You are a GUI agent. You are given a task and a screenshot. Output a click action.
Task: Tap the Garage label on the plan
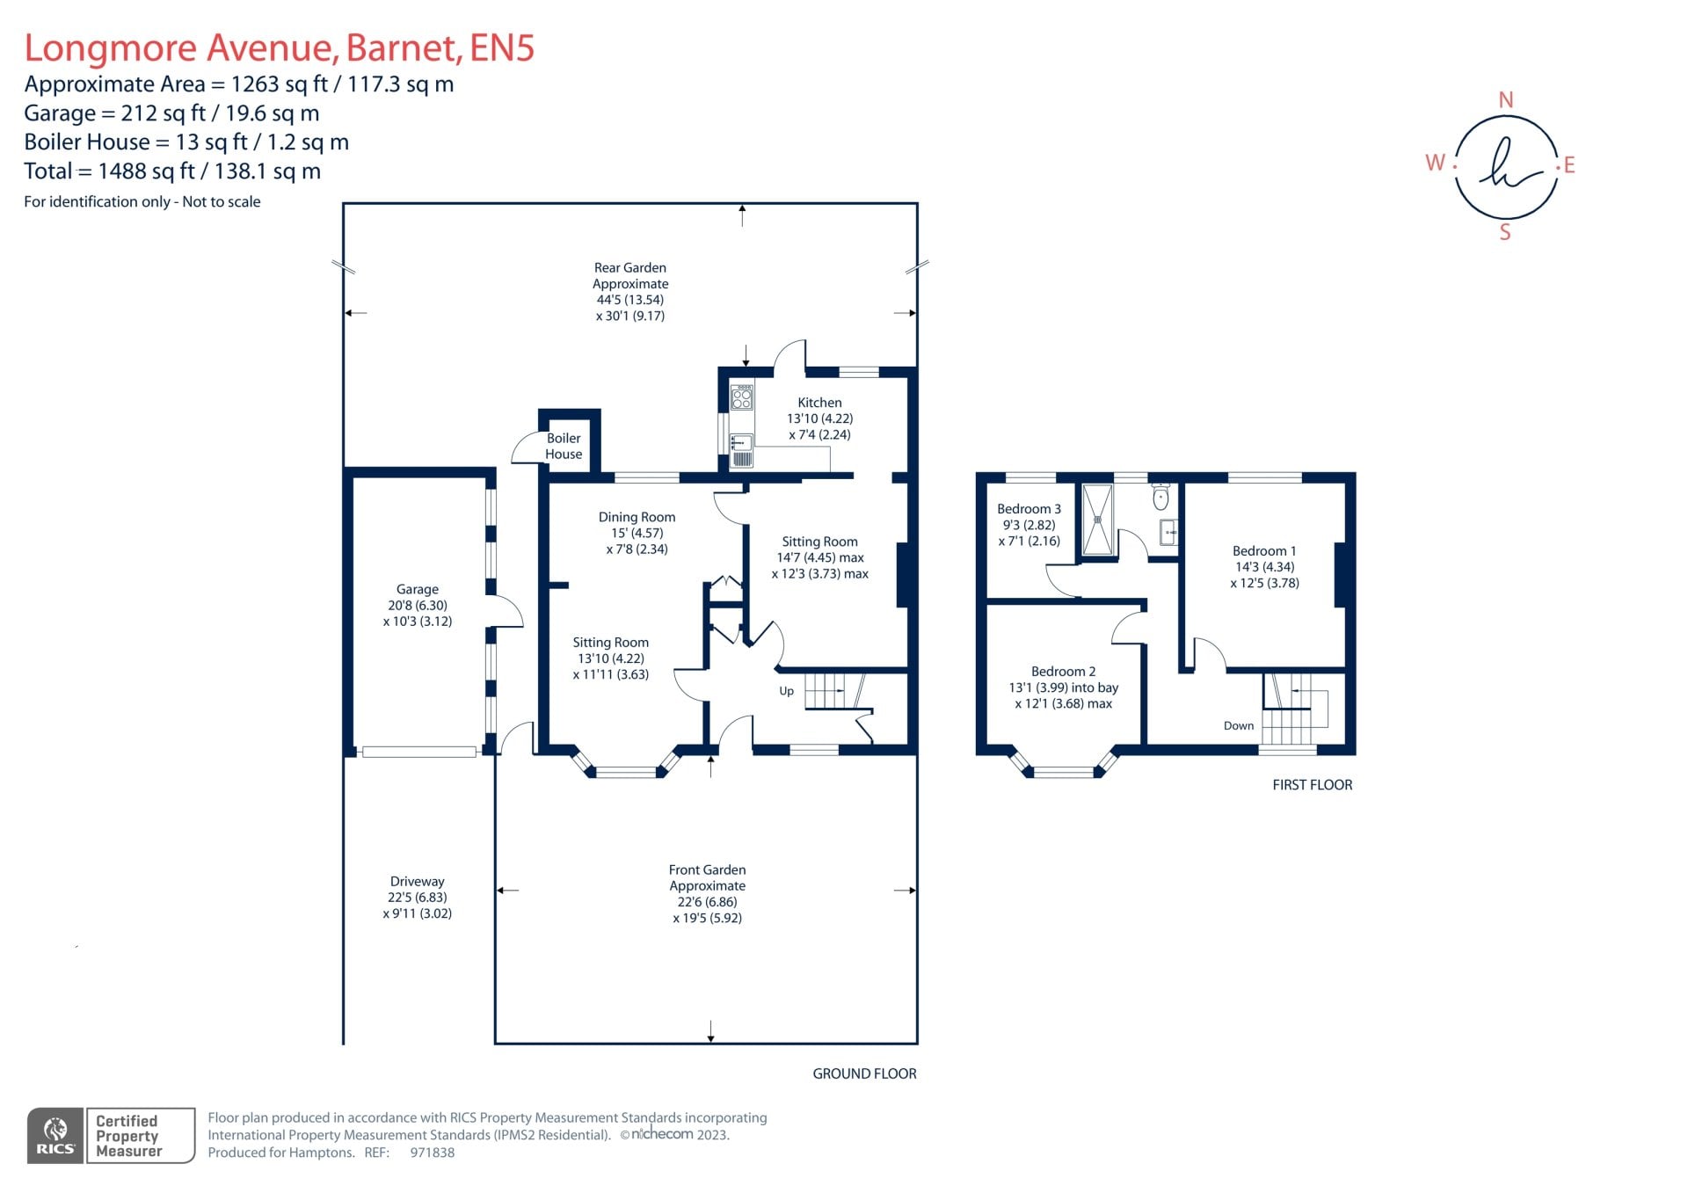coord(417,589)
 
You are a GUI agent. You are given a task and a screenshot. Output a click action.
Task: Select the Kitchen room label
coord(819,403)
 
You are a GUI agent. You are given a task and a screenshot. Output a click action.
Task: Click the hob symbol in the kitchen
coord(742,398)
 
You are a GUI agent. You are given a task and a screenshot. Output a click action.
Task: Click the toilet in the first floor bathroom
coord(1160,498)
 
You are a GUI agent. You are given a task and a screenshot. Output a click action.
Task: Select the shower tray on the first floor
coord(1097,520)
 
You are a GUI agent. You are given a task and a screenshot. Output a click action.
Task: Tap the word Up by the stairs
coord(786,691)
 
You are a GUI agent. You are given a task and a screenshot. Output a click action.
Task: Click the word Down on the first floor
coord(1238,725)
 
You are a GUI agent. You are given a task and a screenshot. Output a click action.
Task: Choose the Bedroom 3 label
coord(1029,509)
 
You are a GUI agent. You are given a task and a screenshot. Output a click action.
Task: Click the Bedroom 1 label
coord(1263,551)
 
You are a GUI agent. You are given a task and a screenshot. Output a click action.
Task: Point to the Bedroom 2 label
coord(1063,672)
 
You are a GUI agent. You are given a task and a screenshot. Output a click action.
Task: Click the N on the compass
coord(1505,100)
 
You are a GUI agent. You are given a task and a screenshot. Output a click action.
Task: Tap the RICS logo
coord(55,1135)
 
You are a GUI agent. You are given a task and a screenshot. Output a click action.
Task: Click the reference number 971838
coord(432,1153)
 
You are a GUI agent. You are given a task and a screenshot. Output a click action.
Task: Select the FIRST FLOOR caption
coord(1312,785)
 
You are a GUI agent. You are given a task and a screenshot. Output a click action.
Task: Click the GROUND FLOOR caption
coord(864,1073)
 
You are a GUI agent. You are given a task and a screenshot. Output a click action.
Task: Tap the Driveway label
coord(417,882)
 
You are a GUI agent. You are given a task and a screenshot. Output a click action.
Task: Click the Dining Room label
coord(637,518)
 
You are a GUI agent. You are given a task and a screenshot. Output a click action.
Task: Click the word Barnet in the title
coord(404,47)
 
